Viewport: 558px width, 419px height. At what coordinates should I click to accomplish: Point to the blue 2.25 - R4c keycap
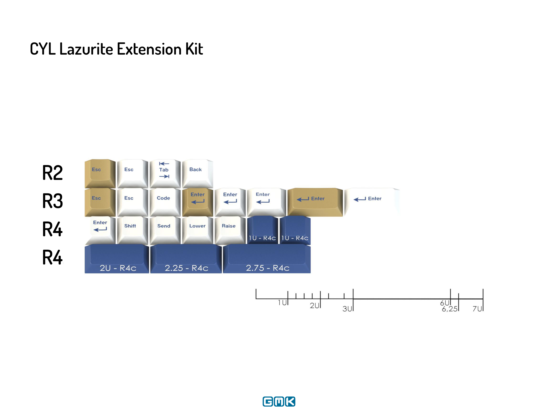tap(186, 259)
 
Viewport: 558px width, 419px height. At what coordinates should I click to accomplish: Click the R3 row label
tap(52, 201)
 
